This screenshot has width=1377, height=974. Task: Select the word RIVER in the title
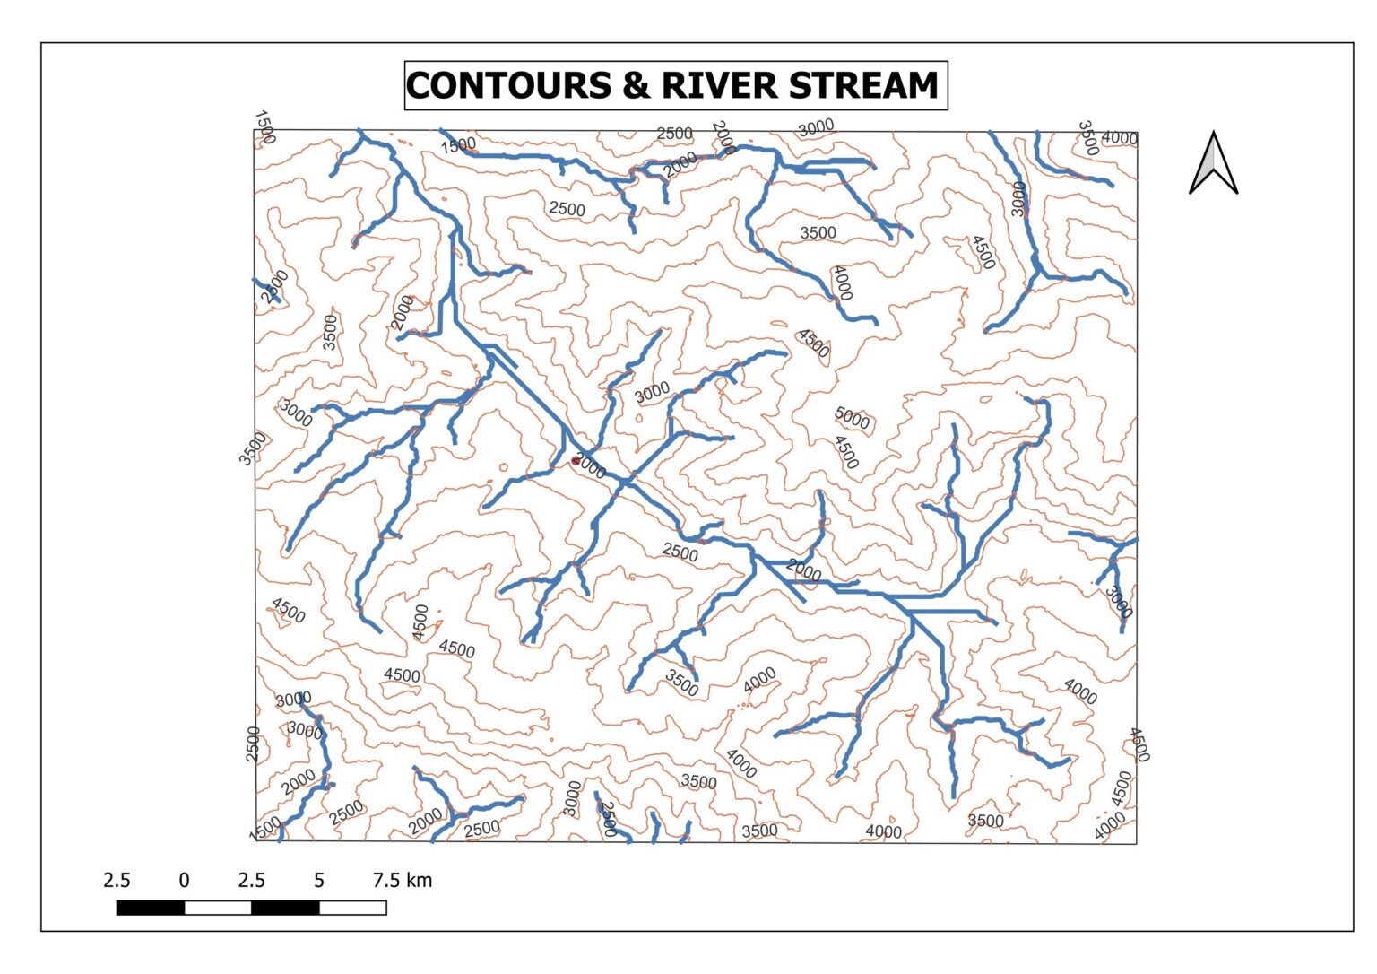(x=718, y=86)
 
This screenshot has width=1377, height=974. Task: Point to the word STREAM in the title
(x=862, y=86)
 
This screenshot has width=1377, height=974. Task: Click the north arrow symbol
(x=1213, y=163)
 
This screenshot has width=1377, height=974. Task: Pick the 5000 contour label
(x=852, y=418)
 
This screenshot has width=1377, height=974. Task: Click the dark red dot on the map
(x=576, y=461)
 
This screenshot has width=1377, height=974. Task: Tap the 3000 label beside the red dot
(x=590, y=466)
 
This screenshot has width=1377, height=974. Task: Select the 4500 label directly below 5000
(x=846, y=452)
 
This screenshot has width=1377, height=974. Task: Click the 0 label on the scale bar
(x=184, y=881)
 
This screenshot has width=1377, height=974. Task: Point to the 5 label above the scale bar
(x=319, y=881)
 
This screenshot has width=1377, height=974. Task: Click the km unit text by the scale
(x=420, y=881)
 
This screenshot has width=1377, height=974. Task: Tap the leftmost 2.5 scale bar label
(x=117, y=881)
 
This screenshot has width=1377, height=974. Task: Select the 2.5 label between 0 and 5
(x=252, y=881)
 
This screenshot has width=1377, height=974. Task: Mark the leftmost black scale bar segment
(x=151, y=908)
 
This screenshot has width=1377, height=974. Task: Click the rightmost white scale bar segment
(x=353, y=908)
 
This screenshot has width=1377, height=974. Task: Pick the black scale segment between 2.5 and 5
(x=285, y=908)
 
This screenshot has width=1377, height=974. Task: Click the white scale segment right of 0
(x=218, y=908)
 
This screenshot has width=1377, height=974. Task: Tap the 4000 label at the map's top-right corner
(x=1120, y=138)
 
